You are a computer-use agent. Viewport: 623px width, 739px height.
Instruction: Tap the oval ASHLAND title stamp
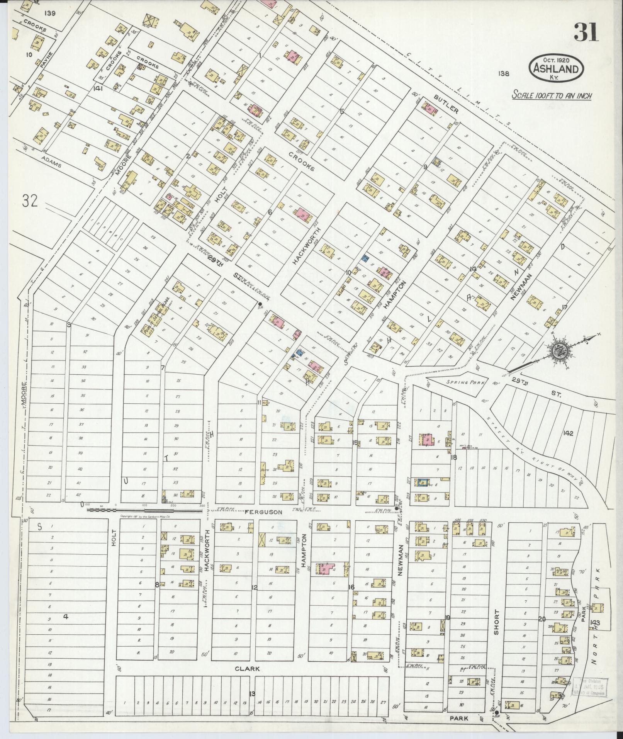click(556, 68)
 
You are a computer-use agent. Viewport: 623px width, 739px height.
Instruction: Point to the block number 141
click(98, 88)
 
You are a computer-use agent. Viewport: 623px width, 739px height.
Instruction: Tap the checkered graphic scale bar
click(145, 510)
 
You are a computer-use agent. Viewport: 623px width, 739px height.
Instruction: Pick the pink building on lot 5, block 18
click(427, 440)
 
